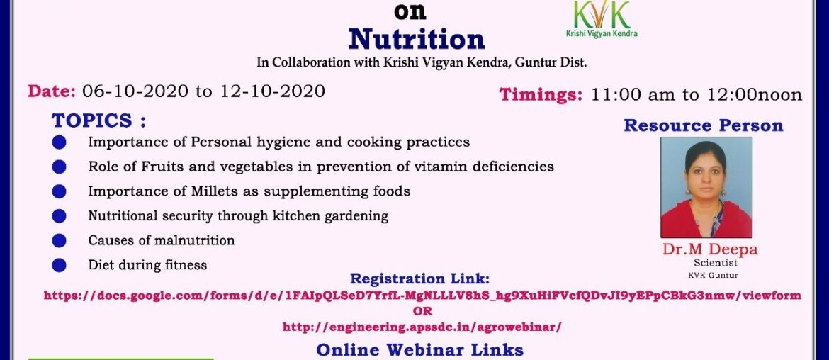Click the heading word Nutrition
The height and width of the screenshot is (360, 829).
[x=417, y=38]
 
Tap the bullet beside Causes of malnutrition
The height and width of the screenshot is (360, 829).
[x=59, y=240]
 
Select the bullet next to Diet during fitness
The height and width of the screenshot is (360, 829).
[x=59, y=265]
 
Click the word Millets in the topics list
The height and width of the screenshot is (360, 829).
[x=214, y=191]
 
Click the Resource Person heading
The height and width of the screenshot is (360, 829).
[x=703, y=126]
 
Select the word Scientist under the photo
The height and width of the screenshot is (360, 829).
[x=706, y=263]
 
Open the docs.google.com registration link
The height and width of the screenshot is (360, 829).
[x=422, y=296]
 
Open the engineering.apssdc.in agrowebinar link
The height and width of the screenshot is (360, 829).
[x=422, y=327]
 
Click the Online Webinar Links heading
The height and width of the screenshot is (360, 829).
[x=420, y=349]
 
